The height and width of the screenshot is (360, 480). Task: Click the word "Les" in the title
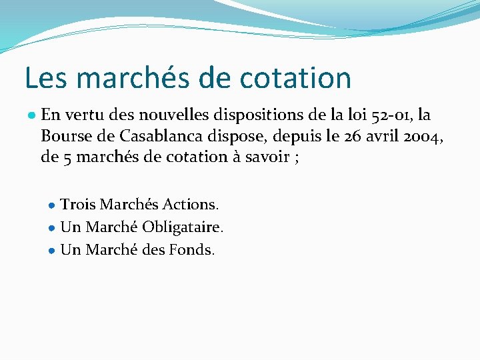pos(43,77)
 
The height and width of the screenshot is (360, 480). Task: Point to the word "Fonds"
pos(191,250)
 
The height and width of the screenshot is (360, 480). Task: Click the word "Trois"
pos(78,203)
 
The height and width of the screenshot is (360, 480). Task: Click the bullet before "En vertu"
pos(32,115)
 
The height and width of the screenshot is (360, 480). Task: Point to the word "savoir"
pos(265,157)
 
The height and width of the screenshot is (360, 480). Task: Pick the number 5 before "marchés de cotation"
pos(64,158)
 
